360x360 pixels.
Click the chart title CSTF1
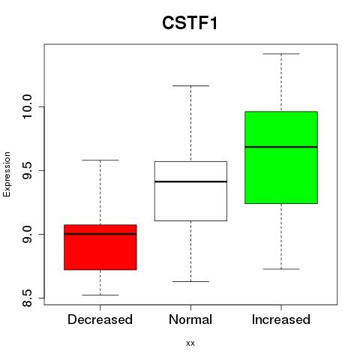(190, 23)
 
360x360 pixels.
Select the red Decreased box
(100, 247)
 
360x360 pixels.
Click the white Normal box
(190, 191)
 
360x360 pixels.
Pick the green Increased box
(281, 157)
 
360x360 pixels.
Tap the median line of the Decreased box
(100, 234)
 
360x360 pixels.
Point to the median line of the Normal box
(190, 181)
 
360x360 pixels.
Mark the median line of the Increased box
(281, 147)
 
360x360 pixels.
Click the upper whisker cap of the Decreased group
(100, 160)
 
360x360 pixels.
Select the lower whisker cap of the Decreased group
(100, 295)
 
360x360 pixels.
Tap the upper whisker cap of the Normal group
(190, 85)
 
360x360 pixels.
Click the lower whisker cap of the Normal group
(190, 281)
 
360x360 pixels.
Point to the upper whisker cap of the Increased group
(281, 54)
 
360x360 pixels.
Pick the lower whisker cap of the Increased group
(281, 269)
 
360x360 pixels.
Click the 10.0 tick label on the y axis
(27, 107)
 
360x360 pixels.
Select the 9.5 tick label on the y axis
(27, 170)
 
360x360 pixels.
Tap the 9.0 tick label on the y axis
(27, 234)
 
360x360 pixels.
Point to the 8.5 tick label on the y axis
(27, 298)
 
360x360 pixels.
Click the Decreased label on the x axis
(100, 319)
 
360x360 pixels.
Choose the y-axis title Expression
(7, 174)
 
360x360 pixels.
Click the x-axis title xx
(190, 343)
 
